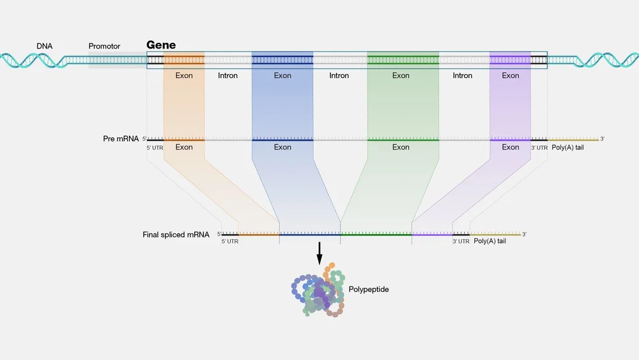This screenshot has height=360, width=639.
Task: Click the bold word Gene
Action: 161,45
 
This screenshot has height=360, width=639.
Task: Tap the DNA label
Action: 44,46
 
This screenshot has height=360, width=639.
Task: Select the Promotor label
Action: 104,46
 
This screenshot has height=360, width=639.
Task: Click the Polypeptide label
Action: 369,289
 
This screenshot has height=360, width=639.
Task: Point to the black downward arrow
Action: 319,254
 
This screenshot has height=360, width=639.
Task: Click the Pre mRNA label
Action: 121,138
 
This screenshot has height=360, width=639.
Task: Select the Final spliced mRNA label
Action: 176,235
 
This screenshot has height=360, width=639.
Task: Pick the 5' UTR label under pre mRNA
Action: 155,147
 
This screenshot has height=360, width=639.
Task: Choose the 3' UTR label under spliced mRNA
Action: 461,241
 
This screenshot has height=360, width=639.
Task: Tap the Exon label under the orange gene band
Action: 184,75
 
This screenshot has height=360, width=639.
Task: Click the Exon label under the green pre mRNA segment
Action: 401,147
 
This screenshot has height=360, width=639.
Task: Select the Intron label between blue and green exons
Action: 339,75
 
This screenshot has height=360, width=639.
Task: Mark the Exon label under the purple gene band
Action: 511,75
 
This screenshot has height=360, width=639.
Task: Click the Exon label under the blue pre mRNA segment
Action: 282,147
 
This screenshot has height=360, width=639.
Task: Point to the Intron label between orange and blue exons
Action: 227,75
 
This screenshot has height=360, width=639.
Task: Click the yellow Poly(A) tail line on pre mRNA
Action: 574,139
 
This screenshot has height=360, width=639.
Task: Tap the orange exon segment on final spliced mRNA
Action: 259,235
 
